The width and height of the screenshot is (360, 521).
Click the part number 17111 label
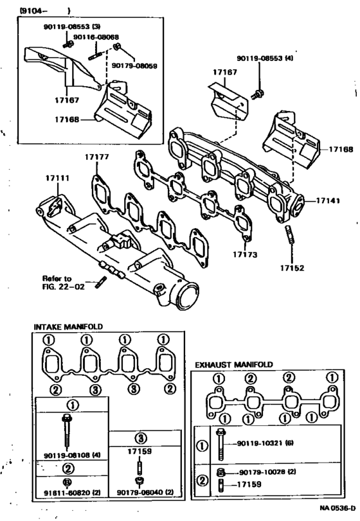click(x=57, y=179)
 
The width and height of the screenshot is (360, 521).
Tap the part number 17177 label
click(x=96, y=157)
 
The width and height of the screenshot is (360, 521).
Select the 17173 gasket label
click(x=245, y=254)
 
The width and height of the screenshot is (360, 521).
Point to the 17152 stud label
click(x=292, y=268)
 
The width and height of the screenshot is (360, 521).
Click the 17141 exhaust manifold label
click(x=328, y=200)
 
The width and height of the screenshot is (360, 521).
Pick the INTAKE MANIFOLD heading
click(x=69, y=326)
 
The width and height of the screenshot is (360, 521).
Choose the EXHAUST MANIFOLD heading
click(x=234, y=364)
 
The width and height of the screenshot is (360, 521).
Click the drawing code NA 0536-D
click(x=337, y=508)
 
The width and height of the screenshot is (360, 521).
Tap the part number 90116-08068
click(x=96, y=37)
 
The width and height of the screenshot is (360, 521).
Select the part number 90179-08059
click(x=134, y=66)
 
